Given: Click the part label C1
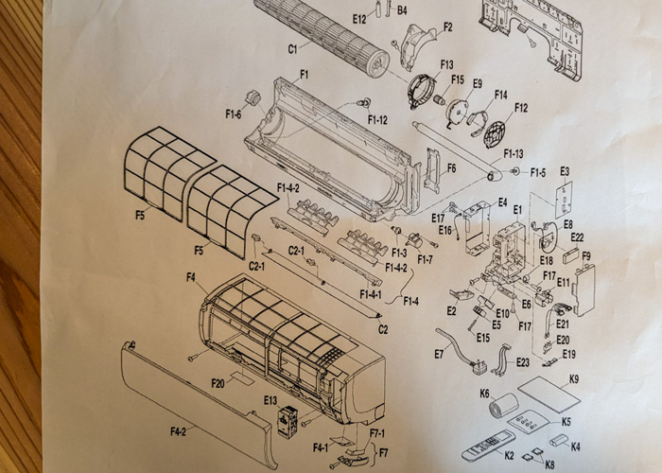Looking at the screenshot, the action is pyautogui.click(x=292, y=49).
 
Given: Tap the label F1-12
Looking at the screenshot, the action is pyautogui.click(x=377, y=120).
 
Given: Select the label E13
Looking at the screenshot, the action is pyautogui.click(x=270, y=400).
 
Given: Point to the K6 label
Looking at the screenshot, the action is pyautogui.click(x=484, y=394).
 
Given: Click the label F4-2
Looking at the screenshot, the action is pyautogui.click(x=178, y=431).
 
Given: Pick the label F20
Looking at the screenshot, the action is pyautogui.click(x=218, y=383).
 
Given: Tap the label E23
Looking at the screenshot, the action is pyautogui.click(x=522, y=362).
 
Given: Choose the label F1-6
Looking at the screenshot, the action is pyautogui.click(x=233, y=114).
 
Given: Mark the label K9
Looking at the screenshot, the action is pyautogui.click(x=574, y=379).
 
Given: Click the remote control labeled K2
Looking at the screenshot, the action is pyautogui.click(x=488, y=446).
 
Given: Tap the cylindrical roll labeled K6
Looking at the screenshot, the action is pyautogui.click(x=504, y=405).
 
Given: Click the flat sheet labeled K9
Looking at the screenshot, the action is pyautogui.click(x=549, y=394).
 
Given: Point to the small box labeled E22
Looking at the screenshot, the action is pyautogui.click(x=573, y=254).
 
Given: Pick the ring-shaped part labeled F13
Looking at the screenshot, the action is pyautogui.click(x=421, y=91).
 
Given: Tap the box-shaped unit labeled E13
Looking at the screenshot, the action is pyautogui.click(x=287, y=422).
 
